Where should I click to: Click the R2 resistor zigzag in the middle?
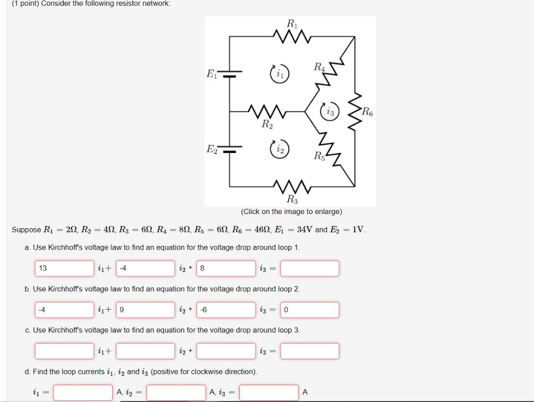[266, 111]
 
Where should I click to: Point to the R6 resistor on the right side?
[355, 111]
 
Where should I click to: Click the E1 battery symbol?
[229, 74]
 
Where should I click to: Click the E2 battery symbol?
[229, 149]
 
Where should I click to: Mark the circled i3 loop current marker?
[330, 111]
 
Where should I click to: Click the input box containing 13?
[65, 268]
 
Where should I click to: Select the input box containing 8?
[226, 268]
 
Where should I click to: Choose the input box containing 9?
[145, 310]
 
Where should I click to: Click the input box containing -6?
[226, 310]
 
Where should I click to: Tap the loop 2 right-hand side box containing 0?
[310, 310]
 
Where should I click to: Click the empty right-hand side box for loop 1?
[310, 268]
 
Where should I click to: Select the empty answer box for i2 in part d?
[176, 393]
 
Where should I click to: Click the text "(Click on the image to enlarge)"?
[292, 211]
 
